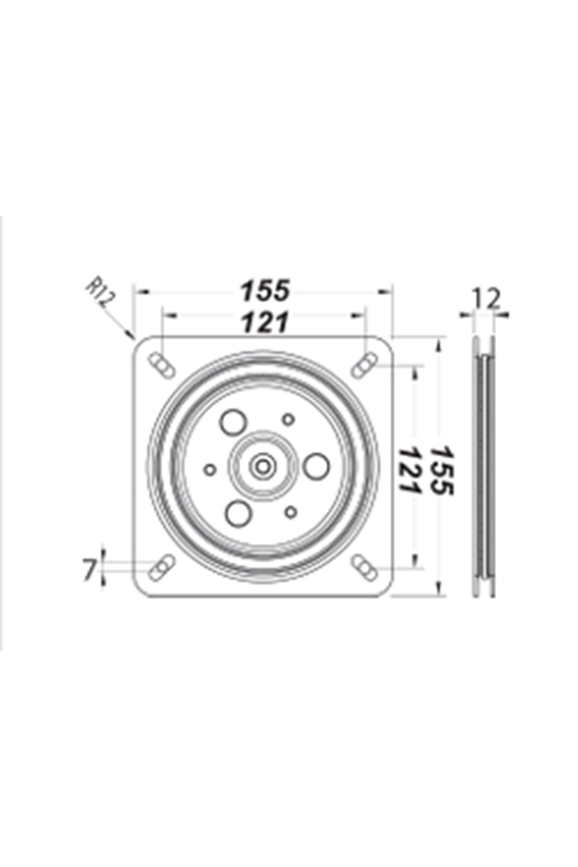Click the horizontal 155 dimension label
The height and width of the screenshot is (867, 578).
265,290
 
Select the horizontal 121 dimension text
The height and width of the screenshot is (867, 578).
265,322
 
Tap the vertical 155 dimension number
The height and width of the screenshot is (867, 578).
442,470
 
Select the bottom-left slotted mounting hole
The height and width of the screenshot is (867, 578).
161,567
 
